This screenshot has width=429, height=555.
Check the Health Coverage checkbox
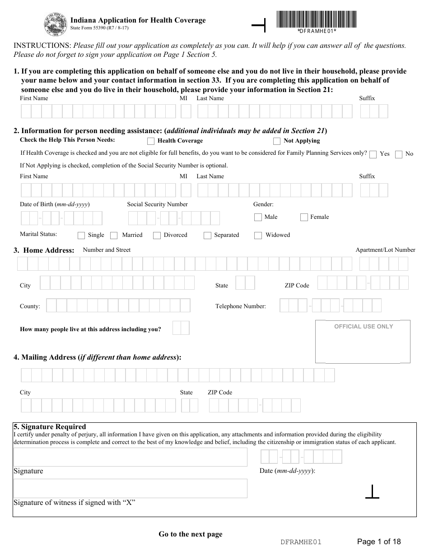151,141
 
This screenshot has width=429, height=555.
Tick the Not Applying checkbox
277,141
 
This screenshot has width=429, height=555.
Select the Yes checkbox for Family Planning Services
373,154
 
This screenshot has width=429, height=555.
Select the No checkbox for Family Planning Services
399,154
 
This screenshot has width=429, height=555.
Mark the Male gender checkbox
258,217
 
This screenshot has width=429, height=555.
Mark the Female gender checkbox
304,217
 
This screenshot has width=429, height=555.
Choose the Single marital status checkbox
81,236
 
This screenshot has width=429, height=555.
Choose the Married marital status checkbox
114,236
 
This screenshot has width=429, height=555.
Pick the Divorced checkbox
157,236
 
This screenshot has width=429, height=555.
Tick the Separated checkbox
207,236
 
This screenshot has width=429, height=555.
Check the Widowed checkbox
258,236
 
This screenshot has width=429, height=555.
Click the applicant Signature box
131,457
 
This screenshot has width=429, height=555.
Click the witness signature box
131,488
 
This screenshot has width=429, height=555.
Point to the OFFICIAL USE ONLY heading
364,327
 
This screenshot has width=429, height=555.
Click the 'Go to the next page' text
191,534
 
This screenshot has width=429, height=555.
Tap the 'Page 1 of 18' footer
379,541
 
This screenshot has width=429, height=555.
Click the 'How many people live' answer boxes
181,328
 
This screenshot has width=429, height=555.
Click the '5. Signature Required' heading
50,427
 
